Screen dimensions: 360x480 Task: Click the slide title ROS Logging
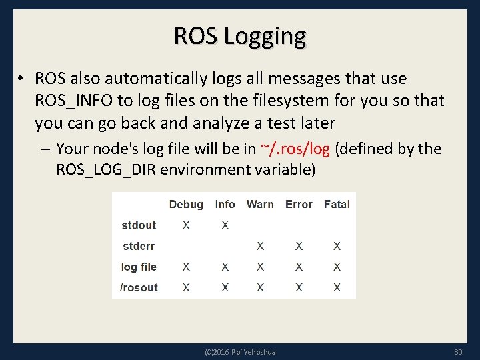click(240, 35)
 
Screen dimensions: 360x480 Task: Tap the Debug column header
click(186, 204)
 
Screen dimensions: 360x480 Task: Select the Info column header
click(225, 204)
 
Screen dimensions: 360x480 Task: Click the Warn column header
click(260, 204)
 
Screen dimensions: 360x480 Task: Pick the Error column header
click(299, 204)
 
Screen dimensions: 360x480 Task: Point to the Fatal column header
click(337, 204)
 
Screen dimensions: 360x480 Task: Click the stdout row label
click(139, 225)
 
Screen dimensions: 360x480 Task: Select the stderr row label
click(139, 246)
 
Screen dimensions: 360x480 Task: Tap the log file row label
click(139, 267)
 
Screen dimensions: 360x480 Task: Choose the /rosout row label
click(139, 287)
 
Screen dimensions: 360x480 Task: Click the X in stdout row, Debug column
click(186, 225)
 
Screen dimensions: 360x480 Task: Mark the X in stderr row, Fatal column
click(337, 246)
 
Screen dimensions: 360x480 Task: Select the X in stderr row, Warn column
click(260, 246)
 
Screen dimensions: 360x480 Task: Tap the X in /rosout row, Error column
click(299, 287)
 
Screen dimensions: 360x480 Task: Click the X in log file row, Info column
click(225, 267)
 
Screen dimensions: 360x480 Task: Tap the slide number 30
click(457, 351)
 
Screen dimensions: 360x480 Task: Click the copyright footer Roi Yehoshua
click(240, 351)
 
